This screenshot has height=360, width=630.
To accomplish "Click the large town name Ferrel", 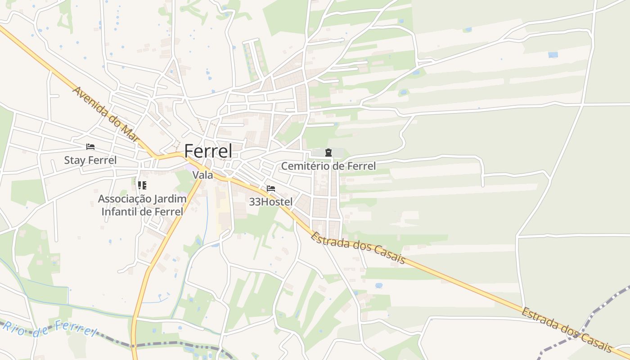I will [208, 151].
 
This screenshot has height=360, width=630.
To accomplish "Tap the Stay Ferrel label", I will [90, 160].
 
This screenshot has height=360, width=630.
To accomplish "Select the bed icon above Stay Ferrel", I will [90, 147].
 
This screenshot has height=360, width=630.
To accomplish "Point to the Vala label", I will [202, 175].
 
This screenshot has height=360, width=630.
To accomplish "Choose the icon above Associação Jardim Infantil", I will [142, 185].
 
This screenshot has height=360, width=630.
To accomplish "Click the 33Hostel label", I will [270, 202].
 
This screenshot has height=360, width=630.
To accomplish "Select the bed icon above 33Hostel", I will [270, 189].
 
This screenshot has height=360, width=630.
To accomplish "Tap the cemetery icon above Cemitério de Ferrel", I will [328, 153].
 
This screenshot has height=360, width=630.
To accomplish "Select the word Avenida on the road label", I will [88, 100].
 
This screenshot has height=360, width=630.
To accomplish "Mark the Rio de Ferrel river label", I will [49, 327].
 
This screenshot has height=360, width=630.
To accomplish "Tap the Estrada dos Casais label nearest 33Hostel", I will [358, 248].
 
